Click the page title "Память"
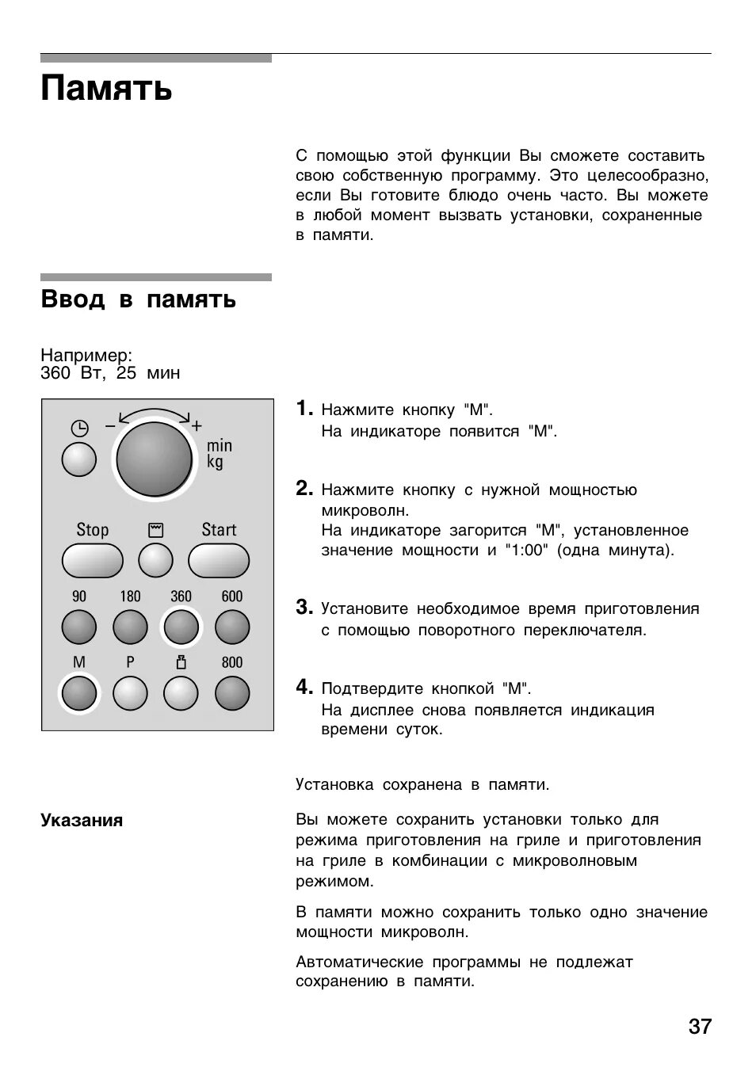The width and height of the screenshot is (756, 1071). [x=106, y=88]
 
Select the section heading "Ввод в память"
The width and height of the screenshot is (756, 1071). [x=138, y=299]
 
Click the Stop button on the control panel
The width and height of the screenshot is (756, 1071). [x=92, y=561]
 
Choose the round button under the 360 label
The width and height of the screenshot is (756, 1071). [x=181, y=627]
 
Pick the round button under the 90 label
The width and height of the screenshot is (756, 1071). [x=79, y=627]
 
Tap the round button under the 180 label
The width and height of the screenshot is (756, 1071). [x=130, y=627]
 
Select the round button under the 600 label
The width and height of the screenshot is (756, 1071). [x=232, y=627]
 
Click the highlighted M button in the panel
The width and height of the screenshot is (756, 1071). [x=79, y=694]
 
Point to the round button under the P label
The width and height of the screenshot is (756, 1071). [x=130, y=694]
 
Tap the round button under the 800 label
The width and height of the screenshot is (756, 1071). [x=232, y=694]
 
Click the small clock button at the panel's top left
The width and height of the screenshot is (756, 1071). [x=79, y=459]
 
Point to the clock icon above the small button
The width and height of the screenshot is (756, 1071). [x=79, y=429]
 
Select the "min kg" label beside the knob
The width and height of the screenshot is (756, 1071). [x=219, y=454]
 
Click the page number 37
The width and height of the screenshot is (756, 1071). [x=700, y=1027]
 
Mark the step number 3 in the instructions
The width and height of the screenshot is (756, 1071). [x=304, y=608]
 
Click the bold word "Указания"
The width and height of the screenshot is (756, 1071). [x=82, y=821]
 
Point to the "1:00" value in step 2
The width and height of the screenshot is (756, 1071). [x=525, y=550]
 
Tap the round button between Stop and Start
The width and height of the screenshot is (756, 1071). [x=155, y=561]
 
